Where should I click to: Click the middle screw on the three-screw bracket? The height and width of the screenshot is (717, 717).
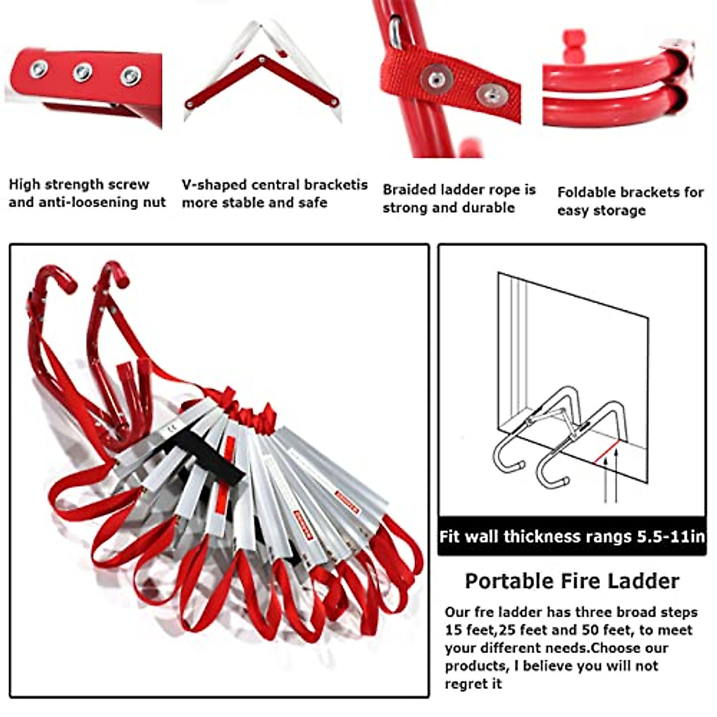point(83,72)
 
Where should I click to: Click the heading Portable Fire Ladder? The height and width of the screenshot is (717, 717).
point(572,581)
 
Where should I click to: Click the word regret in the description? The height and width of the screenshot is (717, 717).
point(464,684)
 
